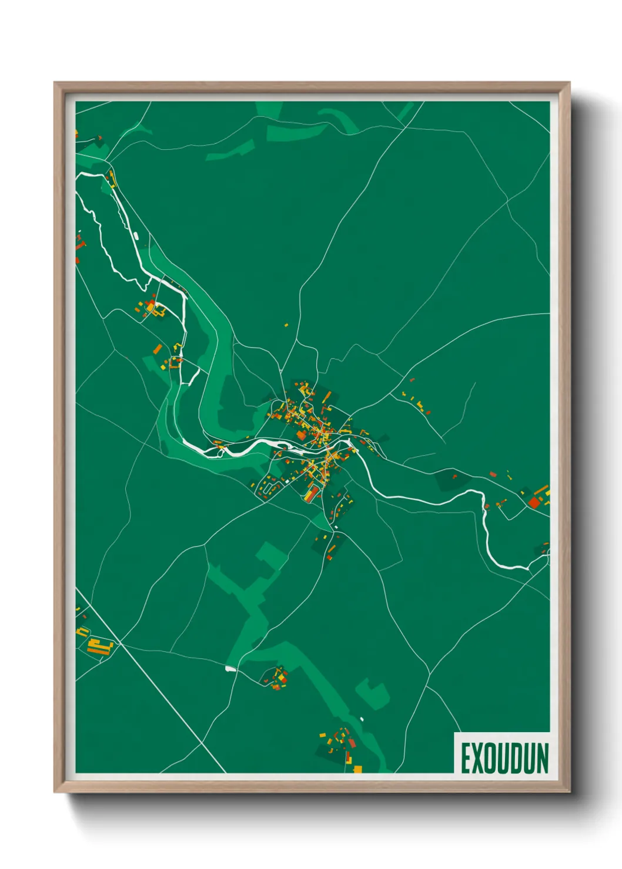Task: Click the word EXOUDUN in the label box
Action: click(x=504, y=758)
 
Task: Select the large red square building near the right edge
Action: click(x=534, y=502)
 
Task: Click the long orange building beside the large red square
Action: click(x=541, y=490)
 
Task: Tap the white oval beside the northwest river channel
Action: click(x=137, y=236)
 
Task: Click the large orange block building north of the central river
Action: click(x=301, y=435)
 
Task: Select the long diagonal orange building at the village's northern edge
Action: click(x=304, y=389)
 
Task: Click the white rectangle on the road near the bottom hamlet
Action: click(x=230, y=668)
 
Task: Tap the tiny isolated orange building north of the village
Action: click(x=286, y=324)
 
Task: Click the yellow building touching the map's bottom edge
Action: click(x=357, y=769)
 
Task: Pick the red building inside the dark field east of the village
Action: click(x=454, y=477)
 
